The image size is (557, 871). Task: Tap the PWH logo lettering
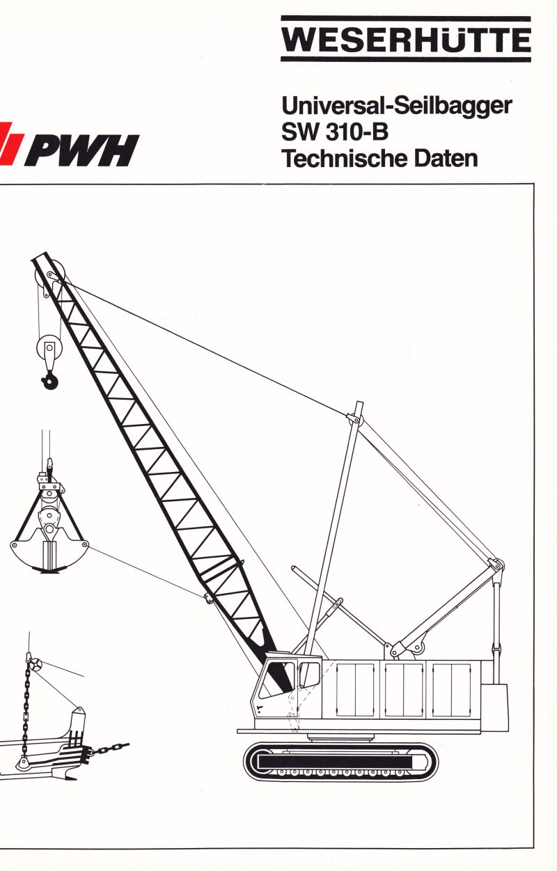point(82,150)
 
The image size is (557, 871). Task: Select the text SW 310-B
point(335,132)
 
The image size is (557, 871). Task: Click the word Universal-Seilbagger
point(397,107)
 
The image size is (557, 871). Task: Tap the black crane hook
point(50,381)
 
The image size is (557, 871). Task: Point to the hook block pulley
point(49,347)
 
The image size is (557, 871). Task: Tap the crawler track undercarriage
point(340,762)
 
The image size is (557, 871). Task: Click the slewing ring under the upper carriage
point(341,737)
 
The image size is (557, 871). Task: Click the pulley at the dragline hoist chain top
point(34,664)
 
